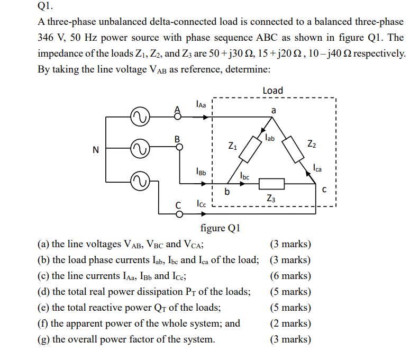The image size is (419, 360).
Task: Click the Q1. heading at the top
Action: point(46,7)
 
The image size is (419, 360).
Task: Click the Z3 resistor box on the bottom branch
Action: point(271,184)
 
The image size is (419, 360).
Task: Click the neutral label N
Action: point(95,150)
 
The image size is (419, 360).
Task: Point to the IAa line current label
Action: point(201,104)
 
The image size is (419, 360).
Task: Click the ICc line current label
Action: point(201,203)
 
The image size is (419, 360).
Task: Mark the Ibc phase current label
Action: point(245,175)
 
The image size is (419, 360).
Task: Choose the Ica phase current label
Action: point(317,168)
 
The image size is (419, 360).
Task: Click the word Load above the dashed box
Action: point(272,91)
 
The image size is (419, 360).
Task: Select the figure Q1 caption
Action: point(221,228)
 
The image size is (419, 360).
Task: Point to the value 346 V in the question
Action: point(51,38)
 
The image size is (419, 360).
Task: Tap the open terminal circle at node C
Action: point(179,214)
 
